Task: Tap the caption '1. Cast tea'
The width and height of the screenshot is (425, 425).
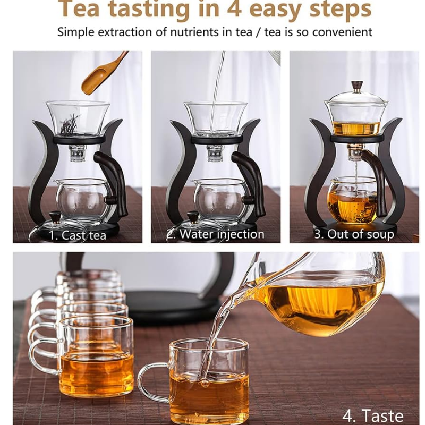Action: click(x=78, y=235)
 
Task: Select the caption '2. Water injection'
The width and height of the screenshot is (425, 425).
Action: click(x=216, y=234)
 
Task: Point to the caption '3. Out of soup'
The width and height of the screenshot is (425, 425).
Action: click(x=354, y=234)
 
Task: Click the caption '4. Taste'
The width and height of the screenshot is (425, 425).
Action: click(x=373, y=415)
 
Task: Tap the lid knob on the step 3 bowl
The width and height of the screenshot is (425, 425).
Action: click(x=354, y=86)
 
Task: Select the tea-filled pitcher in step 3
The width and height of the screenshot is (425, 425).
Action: click(x=350, y=201)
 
